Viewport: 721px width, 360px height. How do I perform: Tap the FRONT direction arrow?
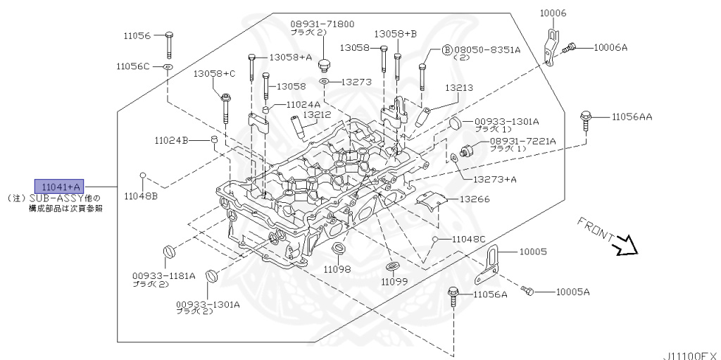pyautogui.click(x=624, y=246)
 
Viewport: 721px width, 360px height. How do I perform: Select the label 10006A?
pyautogui.click(x=610, y=47)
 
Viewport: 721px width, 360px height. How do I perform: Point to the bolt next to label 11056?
pyautogui.click(x=169, y=44)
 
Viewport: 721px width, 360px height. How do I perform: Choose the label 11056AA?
pyautogui.click(x=632, y=117)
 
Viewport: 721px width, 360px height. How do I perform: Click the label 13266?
pyautogui.click(x=475, y=199)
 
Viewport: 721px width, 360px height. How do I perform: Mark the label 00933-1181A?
pyautogui.click(x=163, y=275)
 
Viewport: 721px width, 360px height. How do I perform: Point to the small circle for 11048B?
pyautogui.click(x=142, y=175)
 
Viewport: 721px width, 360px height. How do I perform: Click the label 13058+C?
pyautogui.click(x=215, y=73)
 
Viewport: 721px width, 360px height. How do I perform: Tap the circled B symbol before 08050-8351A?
pyautogui.click(x=446, y=50)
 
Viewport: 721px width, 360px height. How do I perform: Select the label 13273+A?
pyautogui.click(x=494, y=179)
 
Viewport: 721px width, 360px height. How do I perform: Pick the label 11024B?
pyautogui.click(x=172, y=141)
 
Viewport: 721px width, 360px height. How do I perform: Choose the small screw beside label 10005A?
pyautogui.click(x=529, y=290)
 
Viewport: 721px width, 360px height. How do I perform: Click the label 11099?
pyautogui.click(x=394, y=281)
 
